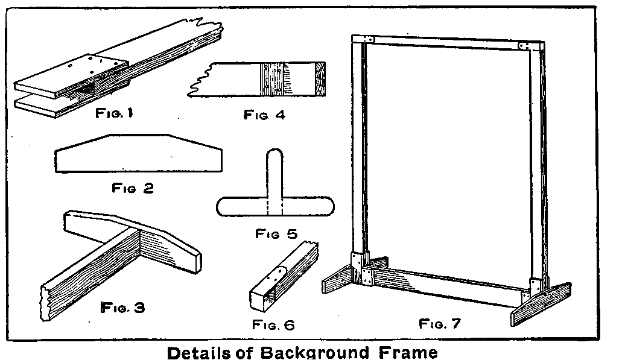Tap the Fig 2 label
(x=133, y=188)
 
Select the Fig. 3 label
(x=123, y=308)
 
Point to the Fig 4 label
(x=265, y=115)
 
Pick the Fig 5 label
(x=277, y=233)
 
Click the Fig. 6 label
(x=273, y=325)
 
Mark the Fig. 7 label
(x=440, y=323)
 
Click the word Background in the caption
(x=315, y=353)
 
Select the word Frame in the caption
(x=408, y=353)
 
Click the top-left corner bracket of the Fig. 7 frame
(x=367, y=39)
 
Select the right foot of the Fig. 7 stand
(x=541, y=304)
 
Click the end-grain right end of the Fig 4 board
(x=320, y=79)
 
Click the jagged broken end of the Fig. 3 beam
(x=45, y=303)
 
